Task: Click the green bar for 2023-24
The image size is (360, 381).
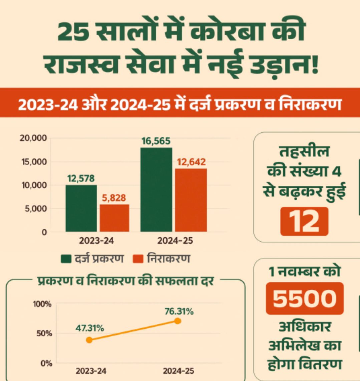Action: pos(81,208)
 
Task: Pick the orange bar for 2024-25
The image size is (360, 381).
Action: pos(191,200)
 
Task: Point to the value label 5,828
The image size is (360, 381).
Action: pos(114,198)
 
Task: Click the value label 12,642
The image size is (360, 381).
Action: pos(191,162)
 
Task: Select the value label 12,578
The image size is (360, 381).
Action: pos(81,179)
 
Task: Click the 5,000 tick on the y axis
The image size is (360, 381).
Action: pos(35,209)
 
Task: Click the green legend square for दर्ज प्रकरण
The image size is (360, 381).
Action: pos(66,259)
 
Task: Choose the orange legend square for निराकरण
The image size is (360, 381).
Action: pos(138,259)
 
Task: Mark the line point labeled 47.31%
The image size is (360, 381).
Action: pos(89,340)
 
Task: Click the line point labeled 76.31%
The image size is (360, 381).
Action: pos(177,321)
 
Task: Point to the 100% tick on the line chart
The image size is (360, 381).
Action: pos(42,304)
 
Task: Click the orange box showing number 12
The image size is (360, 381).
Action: pos(304,221)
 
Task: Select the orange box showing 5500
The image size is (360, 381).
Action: pos(304,298)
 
